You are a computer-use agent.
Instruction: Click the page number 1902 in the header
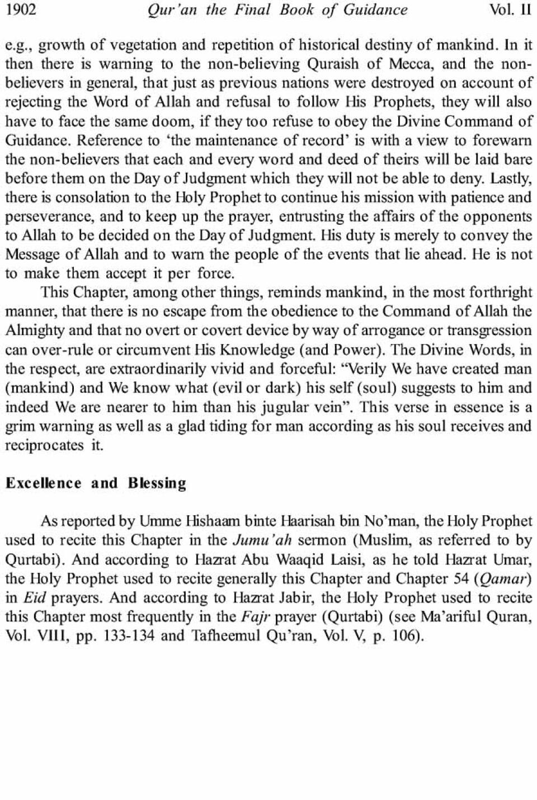[x=21, y=10]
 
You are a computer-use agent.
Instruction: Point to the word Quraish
[x=332, y=63]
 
